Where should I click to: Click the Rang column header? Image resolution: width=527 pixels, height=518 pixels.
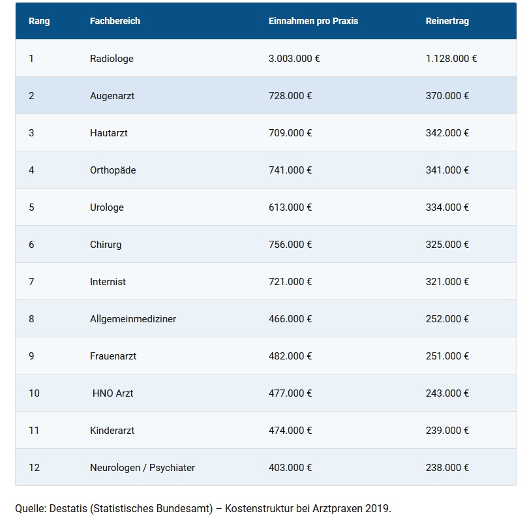coord(39,21)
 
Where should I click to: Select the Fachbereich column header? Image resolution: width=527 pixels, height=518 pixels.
coord(115,21)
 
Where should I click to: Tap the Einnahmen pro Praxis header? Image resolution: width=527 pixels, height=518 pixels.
coord(313,21)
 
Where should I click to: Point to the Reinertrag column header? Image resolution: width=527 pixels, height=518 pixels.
coord(447,21)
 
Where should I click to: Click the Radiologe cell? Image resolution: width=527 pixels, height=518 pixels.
coord(112,59)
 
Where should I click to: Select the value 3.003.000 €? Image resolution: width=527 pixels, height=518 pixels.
coord(294,59)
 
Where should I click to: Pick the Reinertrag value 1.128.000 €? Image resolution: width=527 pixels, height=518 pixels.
coord(451,59)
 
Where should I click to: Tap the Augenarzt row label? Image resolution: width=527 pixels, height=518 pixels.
coord(112,96)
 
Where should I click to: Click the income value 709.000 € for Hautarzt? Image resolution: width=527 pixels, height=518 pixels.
coord(290,133)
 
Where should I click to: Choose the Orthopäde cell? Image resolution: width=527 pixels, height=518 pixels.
coord(113,170)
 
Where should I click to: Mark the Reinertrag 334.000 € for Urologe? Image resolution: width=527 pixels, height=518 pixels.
coord(447,207)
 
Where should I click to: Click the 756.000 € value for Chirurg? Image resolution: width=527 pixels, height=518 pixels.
coord(290,245)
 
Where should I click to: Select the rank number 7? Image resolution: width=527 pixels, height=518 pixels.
coord(31,282)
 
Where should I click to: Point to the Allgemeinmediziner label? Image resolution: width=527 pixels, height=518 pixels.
coord(133,319)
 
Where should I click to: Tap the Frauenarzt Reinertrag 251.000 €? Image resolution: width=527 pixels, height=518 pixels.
coord(447,356)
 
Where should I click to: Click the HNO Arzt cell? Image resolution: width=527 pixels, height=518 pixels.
coord(113,393)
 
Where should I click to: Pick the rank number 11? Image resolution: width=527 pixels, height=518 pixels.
coord(34,431)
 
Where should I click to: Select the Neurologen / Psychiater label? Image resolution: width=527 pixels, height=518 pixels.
coord(142,468)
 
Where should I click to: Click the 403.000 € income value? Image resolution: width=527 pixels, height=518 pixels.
coord(290,468)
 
